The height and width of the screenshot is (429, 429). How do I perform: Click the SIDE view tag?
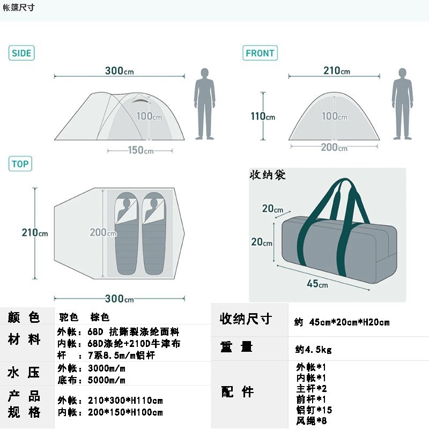21,53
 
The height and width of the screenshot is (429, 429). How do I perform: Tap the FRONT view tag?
260,53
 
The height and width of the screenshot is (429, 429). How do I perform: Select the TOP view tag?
20,164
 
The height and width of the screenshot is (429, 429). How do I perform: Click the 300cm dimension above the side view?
119,71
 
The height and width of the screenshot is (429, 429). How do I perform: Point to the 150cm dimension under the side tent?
140,151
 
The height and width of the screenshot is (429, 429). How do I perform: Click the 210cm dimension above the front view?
336,71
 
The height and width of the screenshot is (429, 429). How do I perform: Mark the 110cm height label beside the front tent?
263,116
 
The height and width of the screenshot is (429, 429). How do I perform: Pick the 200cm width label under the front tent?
334,148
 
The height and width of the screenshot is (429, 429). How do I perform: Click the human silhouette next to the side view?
204,103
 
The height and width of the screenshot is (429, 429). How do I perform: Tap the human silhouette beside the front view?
402,103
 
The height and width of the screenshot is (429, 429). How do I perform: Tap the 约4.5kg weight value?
314,350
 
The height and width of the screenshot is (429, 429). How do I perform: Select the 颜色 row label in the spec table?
24,317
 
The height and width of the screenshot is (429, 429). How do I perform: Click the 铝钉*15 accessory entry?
314,410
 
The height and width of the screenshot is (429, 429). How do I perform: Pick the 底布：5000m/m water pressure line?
91,380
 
